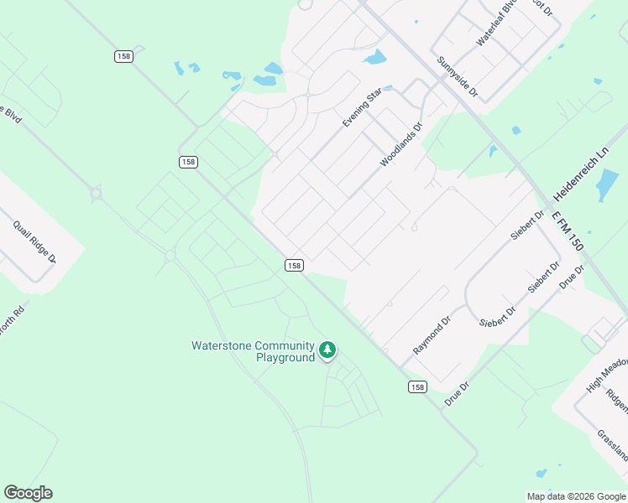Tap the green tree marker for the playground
327,350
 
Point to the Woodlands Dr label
400,144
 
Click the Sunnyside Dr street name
457,75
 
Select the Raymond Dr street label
432,334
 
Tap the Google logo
28,493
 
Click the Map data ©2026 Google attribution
576,496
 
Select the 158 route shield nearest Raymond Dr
417,386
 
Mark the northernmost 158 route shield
123,55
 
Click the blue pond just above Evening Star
374,58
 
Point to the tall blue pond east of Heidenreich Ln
606,185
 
